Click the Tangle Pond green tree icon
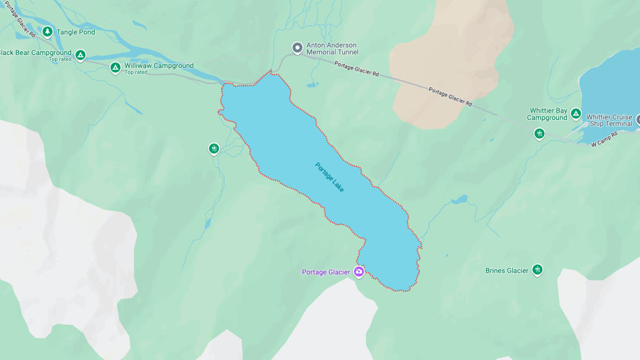pyautogui.click(x=47, y=32)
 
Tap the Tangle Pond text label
pyautogui.click(x=76, y=32)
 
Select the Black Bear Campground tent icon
pyautogui.click(x=80, y=56)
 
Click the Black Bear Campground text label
pyautogui.click(x=36, y=53)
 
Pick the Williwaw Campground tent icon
pyautogui.click(x=115, y=67)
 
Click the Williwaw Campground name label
pyautogui.click(x=159, y=66)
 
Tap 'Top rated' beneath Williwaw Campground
pyautogui.click(x=136, y=72)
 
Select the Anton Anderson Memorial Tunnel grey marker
pyautogui.click(x=297, y=48)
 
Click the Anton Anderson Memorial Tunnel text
pyautogui.click(x=332, y=49)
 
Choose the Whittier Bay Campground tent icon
pyautogui.click(x=576, y=114)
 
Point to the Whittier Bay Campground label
pyautogui.click(x=547, y=114)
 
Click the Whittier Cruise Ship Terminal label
pyautogui.click(x=609, y=120)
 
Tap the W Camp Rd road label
pyautogui.click(x=604, y=140)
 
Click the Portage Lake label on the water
pyautogui.click(x=329, y=178)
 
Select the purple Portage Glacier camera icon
pyautogui.click(x=359, y=272)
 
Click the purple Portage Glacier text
pyautogui.click(x=326, y=272)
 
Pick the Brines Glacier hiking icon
pyautogui.click(x=537, y=270)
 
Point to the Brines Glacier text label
pyautogui.click(x=507, y=271)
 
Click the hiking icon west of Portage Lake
pyautogui.click(x=214, y=148)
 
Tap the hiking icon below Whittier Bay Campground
pyautogui.click(x=539, y=134)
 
